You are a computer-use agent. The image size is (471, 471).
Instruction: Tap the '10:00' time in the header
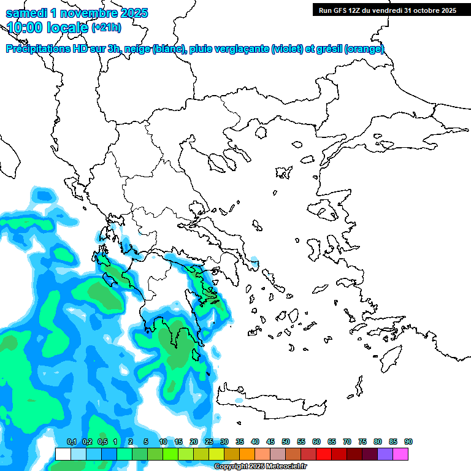[25, 28]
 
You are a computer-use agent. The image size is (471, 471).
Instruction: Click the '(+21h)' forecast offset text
[106, 28]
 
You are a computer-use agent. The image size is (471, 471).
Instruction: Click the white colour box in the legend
[63, 454]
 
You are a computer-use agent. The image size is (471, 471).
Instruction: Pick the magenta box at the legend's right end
[400, 454]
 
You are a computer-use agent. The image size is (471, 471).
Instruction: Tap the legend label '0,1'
[71, 442]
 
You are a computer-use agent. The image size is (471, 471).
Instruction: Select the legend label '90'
[408, 442]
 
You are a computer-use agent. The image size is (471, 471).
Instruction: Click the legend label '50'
[286, 442]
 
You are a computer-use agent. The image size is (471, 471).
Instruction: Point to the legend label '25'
[209, 442]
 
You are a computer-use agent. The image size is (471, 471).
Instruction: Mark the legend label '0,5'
[102, 442]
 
